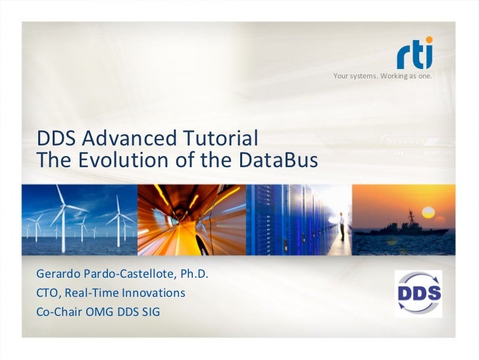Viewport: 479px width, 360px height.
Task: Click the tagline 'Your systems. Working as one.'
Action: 382,77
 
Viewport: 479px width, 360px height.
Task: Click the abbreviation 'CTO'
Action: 49,292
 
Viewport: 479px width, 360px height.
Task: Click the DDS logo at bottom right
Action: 418,293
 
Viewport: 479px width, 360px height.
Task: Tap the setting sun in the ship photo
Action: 430,213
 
